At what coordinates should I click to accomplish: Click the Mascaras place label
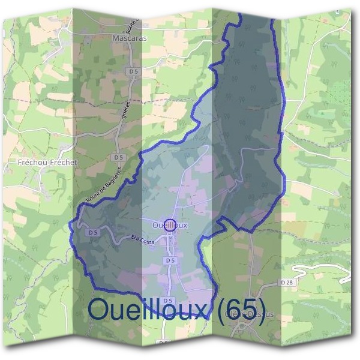130,37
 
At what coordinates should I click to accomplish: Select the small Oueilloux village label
170,225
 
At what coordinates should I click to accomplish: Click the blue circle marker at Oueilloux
170,225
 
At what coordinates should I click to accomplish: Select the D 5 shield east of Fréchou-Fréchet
118,157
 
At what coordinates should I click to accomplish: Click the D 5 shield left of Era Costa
92,232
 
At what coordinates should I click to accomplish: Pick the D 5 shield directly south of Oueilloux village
170,261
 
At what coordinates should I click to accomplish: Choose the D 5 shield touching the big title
167,301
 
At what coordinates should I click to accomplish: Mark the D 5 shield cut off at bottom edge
163,343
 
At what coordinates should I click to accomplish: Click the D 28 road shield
286,282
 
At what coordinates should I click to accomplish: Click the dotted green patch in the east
340,94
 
